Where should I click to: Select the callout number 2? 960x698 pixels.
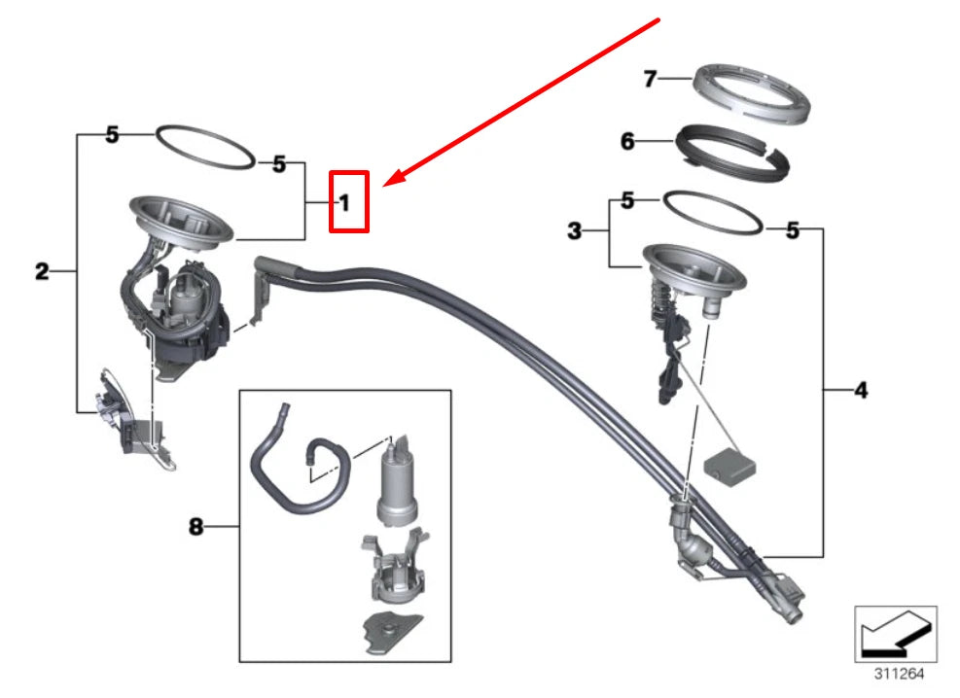point(41,272)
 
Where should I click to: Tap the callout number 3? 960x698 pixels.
point(575,231)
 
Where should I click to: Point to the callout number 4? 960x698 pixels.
point(860,391)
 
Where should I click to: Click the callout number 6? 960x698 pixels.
point(627,143)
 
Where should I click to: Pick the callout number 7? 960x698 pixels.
point(651,79)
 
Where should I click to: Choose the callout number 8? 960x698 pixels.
point(196,528)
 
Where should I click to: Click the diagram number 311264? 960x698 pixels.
point(895,671)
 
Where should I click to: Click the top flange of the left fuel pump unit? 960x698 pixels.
point(182,220)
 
